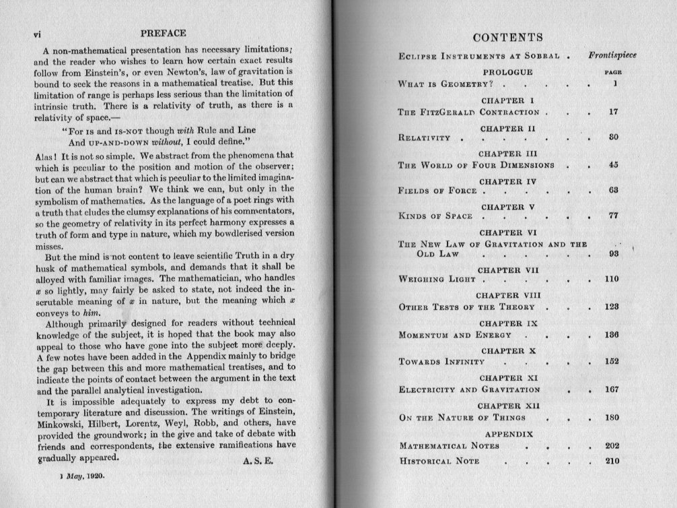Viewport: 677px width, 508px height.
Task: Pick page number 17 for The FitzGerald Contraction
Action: tap(612, 112)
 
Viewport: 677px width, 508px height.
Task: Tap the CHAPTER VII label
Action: tap(507, 270)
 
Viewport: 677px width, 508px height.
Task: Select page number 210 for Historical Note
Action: tap(611, 462)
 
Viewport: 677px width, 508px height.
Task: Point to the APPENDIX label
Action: tap(509, 433)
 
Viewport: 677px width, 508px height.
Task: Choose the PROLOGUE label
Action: tap(507, 71)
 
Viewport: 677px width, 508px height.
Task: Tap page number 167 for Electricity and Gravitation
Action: tap(612, 389)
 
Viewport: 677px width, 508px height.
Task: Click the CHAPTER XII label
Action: tap(507, 406)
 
